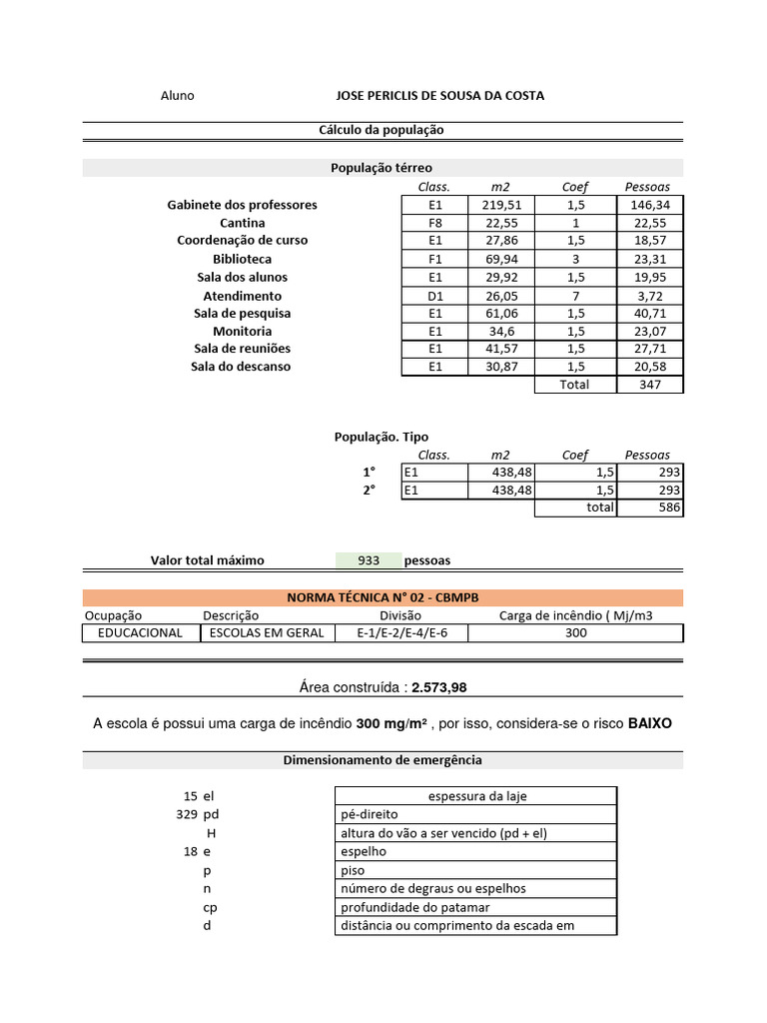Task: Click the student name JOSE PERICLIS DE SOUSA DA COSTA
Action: click(x=440, y=96)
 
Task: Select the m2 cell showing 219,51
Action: click(x=500, y=205)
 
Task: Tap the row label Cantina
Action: click(x=242, y=223)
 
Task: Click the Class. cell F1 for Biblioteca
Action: click(x=434, y=259)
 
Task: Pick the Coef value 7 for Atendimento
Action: click(x=575, y=296)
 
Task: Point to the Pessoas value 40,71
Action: click(x=649, y=314)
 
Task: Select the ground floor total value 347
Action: click(x=649, y=385)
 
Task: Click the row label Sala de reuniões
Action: click(x=242, y=349)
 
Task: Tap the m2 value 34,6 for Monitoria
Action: click(x=500, y=332)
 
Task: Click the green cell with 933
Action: click(x=369, y=560)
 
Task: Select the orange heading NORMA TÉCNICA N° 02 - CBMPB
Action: click(x=383, y=597)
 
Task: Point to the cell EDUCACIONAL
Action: click(x=140, y=633)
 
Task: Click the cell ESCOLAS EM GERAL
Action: click(x=264, y=633)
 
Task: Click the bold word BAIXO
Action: click(x=650, y=722)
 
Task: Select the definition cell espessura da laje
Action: click(x=475, y=796)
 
